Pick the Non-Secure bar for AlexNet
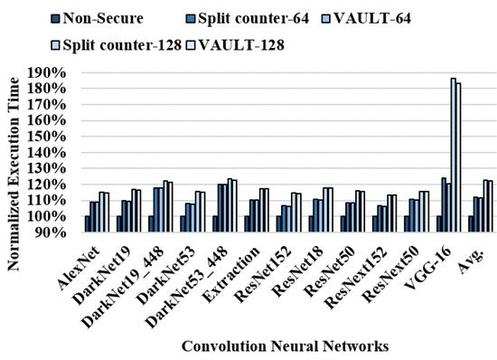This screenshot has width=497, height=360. [88, 223]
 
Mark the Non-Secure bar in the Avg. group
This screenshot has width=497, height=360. [471, 223]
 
